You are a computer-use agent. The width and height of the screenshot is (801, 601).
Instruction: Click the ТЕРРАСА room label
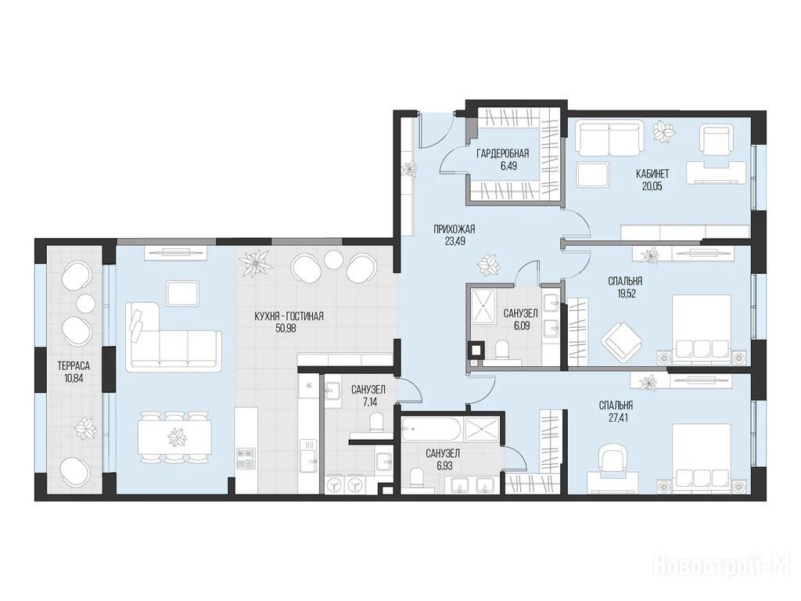(74, 366)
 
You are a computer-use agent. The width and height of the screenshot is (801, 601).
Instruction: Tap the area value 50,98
(286, 329)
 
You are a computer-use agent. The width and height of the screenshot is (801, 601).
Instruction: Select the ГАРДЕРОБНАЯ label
(502, 153)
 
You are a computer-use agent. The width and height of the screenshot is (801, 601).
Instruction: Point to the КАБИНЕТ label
(652, 174)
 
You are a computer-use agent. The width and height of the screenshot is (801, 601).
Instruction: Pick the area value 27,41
(616, 418)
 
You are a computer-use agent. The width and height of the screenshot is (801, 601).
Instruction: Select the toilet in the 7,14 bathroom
(376, 422)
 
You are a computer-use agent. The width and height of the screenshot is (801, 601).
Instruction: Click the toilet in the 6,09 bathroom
(503, 352)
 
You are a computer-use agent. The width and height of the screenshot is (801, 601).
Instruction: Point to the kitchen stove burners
(246, 459)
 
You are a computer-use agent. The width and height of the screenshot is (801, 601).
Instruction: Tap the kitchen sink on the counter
(309, 457)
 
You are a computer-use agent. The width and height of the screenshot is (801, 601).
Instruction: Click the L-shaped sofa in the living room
(174, 335)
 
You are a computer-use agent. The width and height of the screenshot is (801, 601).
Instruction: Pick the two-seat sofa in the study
(609, 137)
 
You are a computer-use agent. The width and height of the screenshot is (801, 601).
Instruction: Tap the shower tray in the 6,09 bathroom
(482, 306)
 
